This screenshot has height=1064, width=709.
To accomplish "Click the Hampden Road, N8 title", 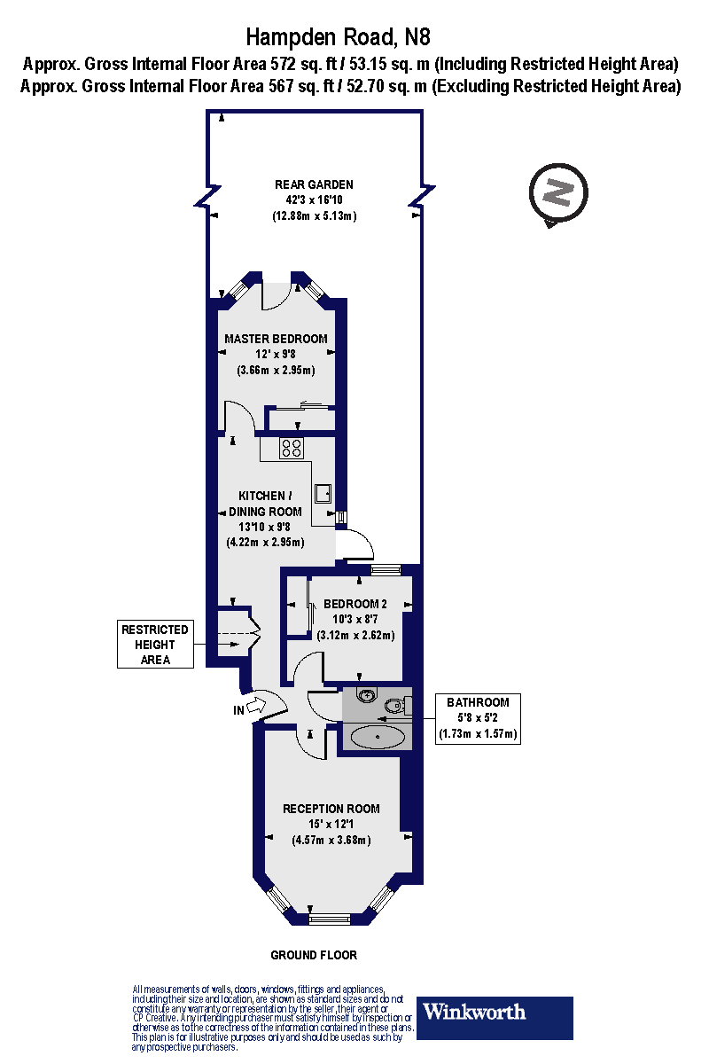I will [353, 36].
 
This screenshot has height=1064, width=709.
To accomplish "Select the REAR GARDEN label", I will [314, 184].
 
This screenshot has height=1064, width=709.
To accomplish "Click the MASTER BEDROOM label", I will [276, 339].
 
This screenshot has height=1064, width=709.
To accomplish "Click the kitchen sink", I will [323, 493].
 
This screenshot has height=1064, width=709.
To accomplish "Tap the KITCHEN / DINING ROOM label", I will [265, 504].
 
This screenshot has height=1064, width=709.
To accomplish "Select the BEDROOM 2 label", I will [354, 605].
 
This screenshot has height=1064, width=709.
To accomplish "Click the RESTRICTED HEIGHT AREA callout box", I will [155, 645].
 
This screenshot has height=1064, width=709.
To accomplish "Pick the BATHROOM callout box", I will [478, 718].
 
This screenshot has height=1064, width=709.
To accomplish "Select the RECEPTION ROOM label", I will [331, 809].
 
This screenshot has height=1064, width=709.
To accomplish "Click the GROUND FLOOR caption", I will [314, 955].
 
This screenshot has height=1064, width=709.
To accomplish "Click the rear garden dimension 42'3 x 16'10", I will [314, 200].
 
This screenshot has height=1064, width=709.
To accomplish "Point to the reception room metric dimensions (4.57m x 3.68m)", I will [331, 841].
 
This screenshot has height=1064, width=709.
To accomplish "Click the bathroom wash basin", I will [368, 696].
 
